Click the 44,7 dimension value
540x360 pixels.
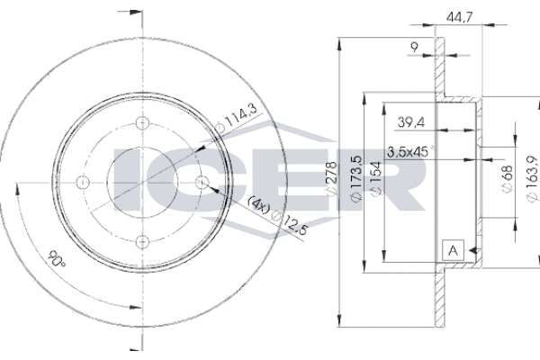tap(459, 16)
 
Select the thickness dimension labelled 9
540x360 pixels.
tap(415, 46)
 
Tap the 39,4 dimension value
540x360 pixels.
tap(411, 121)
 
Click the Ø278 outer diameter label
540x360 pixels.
tap(331, 178)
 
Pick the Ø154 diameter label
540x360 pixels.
tap(375, 178)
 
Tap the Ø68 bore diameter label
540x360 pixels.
tap(507, 178)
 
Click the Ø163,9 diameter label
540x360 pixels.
tap(533, 178)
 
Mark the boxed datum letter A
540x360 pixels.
tap(454, 250)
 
